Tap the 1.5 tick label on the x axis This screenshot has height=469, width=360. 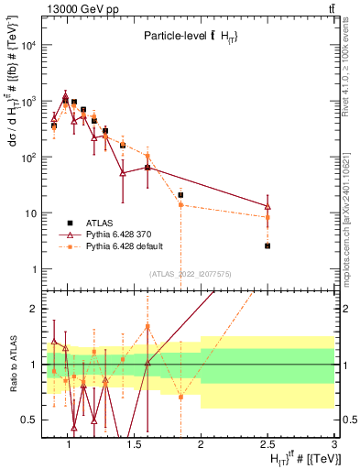tap(134, 445)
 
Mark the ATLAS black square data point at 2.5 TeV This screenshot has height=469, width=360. tap(267, 245)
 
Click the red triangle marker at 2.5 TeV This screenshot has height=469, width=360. tap(267, 206)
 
